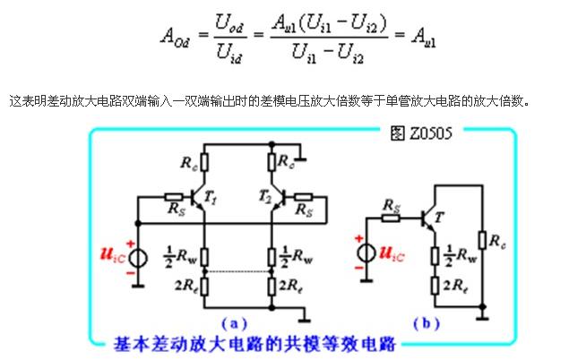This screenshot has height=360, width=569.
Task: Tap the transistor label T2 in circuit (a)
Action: tap(263, 196)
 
